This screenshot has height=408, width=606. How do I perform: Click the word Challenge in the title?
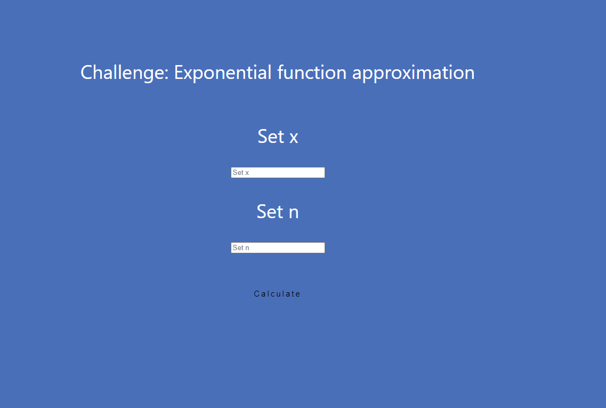coord(123,73)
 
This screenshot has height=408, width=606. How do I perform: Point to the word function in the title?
coord(312,73)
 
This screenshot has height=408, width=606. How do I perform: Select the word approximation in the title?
coord(413,73)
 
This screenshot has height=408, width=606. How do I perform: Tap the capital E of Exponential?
coord(179,73)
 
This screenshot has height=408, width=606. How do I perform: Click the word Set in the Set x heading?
coord(271,137)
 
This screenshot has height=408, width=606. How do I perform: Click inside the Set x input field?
coord(278,172)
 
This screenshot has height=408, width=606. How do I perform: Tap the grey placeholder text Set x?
coord(241,172)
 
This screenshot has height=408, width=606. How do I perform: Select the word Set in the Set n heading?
coord(270,212)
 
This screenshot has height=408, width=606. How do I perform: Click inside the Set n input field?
coord(278,248)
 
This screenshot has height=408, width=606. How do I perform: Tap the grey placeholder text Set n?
coord(241,248)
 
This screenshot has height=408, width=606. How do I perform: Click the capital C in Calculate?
coord(256,294)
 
